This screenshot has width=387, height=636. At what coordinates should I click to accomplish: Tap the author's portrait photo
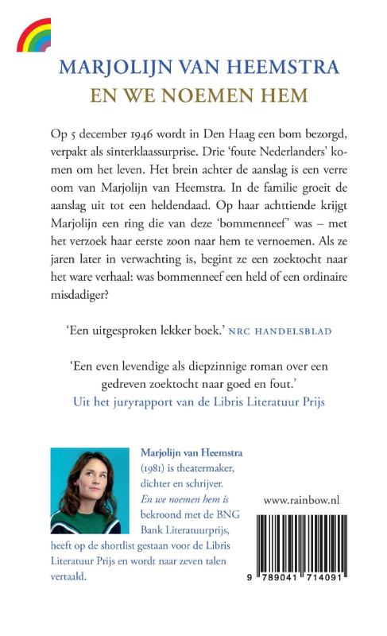(x=85, y=490)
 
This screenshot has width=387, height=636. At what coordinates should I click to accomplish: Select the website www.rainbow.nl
(x=312, y=500)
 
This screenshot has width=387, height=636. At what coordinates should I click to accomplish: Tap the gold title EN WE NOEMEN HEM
(x=194, y=93)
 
